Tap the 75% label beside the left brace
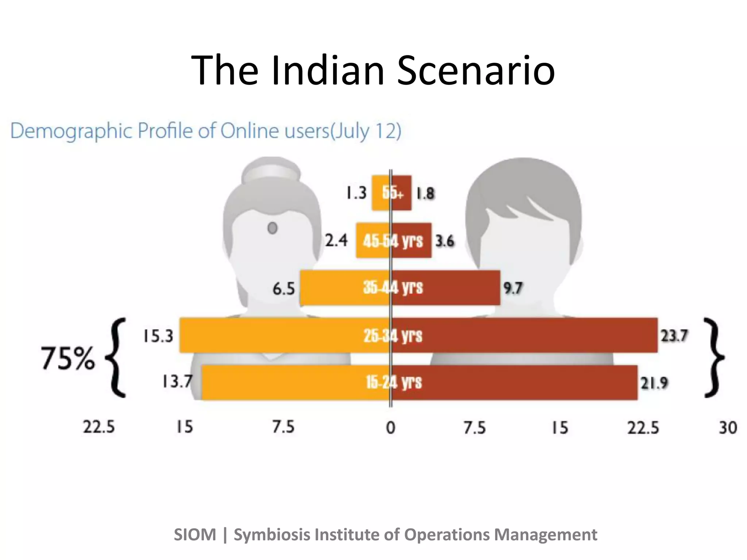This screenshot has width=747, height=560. (x=68, y=358)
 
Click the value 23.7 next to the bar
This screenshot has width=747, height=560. (x=674, y=336)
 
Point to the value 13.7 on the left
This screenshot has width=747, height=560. (x=177, y=382)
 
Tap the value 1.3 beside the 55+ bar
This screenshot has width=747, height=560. (x=356, y=193)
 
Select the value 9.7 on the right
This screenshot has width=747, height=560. (x=513, y=288)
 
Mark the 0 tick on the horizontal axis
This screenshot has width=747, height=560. (x=391, y=427)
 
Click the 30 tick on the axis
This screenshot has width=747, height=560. (x=728, y=427)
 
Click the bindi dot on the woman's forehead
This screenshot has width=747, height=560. (x=272, y=228)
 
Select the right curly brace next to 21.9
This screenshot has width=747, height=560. (x=713, y=358)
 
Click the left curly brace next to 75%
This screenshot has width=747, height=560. (x=116, y=358)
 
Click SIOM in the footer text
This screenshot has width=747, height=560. (x=195, y=535)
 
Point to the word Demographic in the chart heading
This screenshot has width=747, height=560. (x=71, y=131)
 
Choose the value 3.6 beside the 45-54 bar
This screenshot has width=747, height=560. (x=445, y=241)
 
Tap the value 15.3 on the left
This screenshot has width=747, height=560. (x=158, y=336)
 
